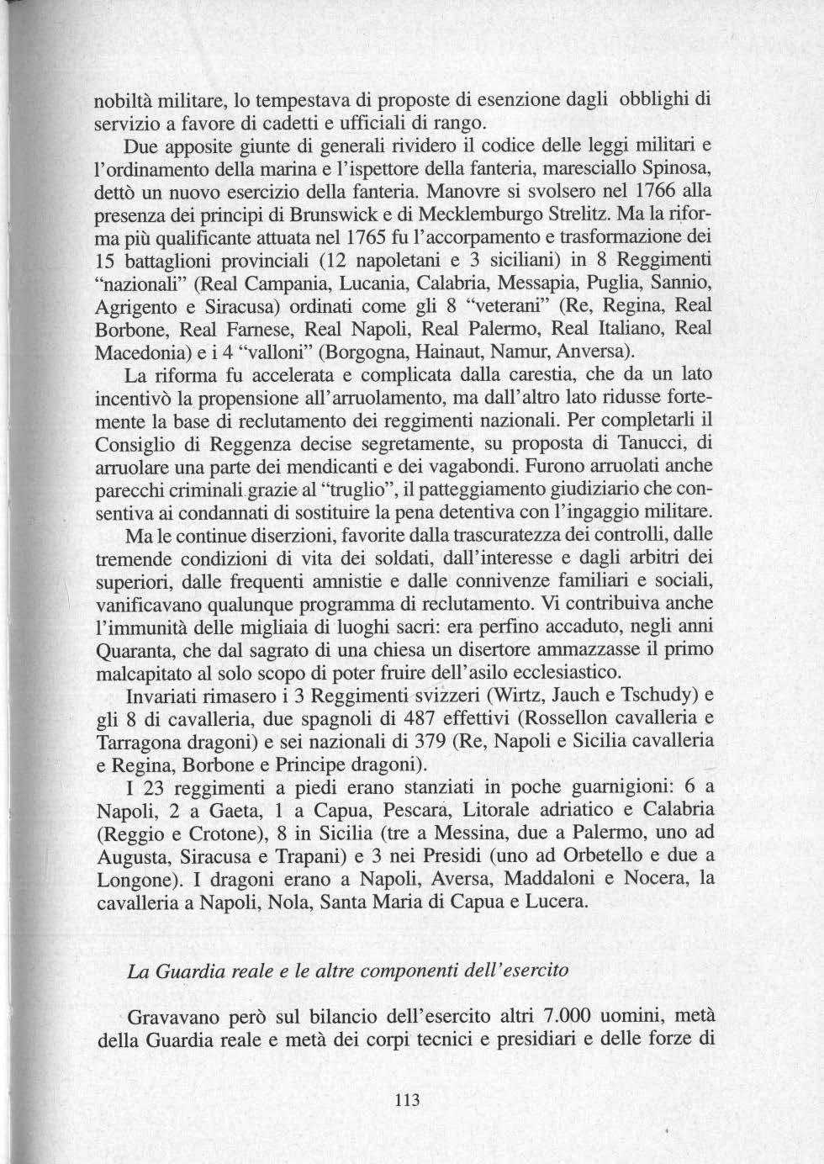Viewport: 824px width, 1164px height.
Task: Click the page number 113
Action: (x=406, y=1101)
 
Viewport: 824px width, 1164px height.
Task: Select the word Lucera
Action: (x=553, y=902)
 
